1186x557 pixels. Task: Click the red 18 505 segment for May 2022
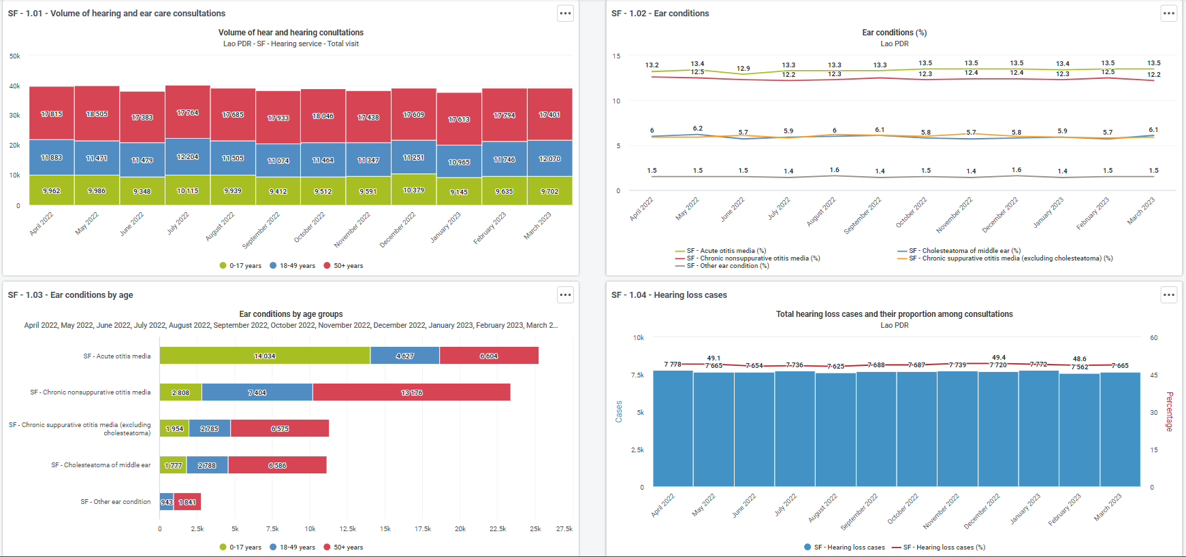[97, 114]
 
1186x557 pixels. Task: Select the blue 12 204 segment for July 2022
[188, 157]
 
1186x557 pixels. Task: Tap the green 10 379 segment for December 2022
[414, 190]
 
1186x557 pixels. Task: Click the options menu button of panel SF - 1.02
[1169, 13]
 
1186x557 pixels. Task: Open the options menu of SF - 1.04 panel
[1169, 294]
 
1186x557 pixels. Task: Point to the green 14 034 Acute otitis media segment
[265, 356]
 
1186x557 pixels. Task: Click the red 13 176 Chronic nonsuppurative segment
[411, 392]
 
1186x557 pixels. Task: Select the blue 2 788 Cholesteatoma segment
[208, 465]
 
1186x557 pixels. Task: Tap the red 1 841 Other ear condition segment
[187, 502]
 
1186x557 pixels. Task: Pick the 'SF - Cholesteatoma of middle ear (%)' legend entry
[959, 251]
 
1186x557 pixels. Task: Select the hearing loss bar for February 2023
[1080, 430]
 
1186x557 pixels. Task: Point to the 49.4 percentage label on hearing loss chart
[999, 357]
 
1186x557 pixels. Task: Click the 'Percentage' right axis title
[1170, 411]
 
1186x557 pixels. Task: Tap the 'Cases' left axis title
[619, 411]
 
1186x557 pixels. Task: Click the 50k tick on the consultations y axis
[15, 56]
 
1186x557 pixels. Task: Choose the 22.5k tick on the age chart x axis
[498, 528]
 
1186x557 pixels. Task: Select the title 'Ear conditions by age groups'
[291, 314]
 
